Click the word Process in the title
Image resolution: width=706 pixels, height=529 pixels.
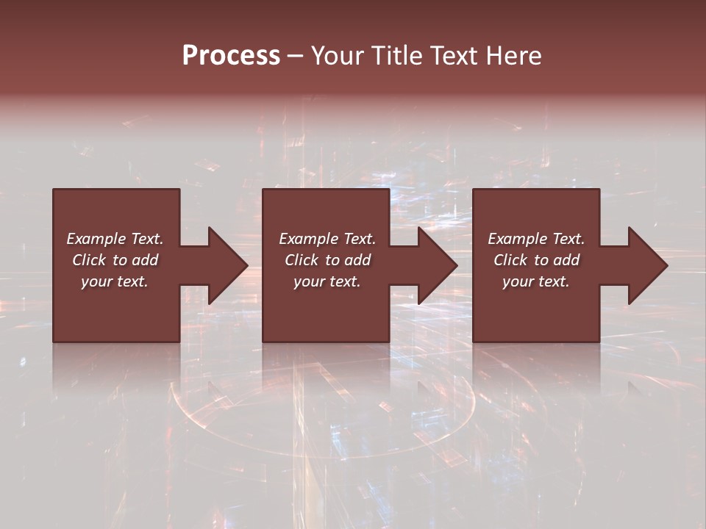pos(231,56)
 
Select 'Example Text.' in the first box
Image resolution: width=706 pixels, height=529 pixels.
pos(115,239)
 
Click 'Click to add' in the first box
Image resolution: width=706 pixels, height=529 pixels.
pos(115,260)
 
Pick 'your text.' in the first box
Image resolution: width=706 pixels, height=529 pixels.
pos(115,281)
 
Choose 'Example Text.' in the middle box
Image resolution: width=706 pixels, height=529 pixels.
pos(327,239)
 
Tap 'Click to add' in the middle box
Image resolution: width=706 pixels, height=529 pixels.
pos(327,260)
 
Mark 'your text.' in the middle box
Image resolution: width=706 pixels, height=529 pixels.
pos(327,281)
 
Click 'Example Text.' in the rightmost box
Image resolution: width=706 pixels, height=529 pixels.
pos(536,239)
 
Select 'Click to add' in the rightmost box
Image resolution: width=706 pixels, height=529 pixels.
pos(536,260)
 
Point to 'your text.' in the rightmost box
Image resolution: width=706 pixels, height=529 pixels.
pos(536,281)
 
